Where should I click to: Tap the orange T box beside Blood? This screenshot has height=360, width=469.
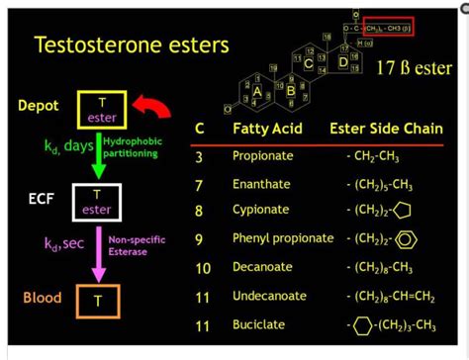pyautogui.click(x=97, y=299)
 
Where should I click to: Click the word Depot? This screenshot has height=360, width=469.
pyautogui.click(x=40, y=105)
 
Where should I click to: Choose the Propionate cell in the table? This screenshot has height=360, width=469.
pyautogui.click(x=260, y=156)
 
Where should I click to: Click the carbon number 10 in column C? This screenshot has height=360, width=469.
pyautogui.click(x=203, y=267)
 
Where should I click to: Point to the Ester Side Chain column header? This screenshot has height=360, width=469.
pyautogui.click(x=379, y=130)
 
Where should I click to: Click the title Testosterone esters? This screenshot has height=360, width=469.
pyautogui.click(x=131, y=45)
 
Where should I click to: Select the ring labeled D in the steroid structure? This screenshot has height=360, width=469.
pyautogui.click(x=343, y=63)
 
